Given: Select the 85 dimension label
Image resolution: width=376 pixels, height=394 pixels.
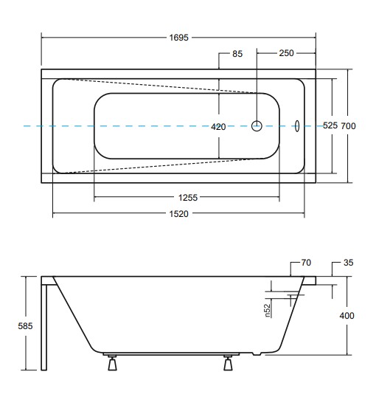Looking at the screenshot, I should (x=237, y=54).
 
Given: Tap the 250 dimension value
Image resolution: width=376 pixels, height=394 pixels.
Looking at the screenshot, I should (x=287, y=54).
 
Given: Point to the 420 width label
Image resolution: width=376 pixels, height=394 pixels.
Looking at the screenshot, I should (x=218, y=127).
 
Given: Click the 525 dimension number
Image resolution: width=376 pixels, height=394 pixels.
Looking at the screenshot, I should (x=330, y=126).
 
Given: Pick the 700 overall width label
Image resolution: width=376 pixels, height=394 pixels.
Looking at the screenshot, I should (x=349, y=126).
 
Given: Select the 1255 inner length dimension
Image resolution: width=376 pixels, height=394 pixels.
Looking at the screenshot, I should (x=187, y=197).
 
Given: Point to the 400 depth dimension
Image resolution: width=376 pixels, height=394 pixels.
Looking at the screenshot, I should (x=347, y=315).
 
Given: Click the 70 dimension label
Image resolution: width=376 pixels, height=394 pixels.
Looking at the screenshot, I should (x=307, y=263).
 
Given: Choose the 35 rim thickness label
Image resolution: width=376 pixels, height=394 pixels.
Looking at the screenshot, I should (x=349, y=263).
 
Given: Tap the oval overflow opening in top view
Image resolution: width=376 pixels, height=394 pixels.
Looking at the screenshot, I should (x=296, y=126).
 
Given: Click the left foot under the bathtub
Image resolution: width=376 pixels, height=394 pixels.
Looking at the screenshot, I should (x=113, y=364).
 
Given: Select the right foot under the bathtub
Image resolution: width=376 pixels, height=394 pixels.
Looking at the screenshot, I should (x=229, y=364).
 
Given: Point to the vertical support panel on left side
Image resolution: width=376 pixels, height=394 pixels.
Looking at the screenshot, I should (x=46, y=325).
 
